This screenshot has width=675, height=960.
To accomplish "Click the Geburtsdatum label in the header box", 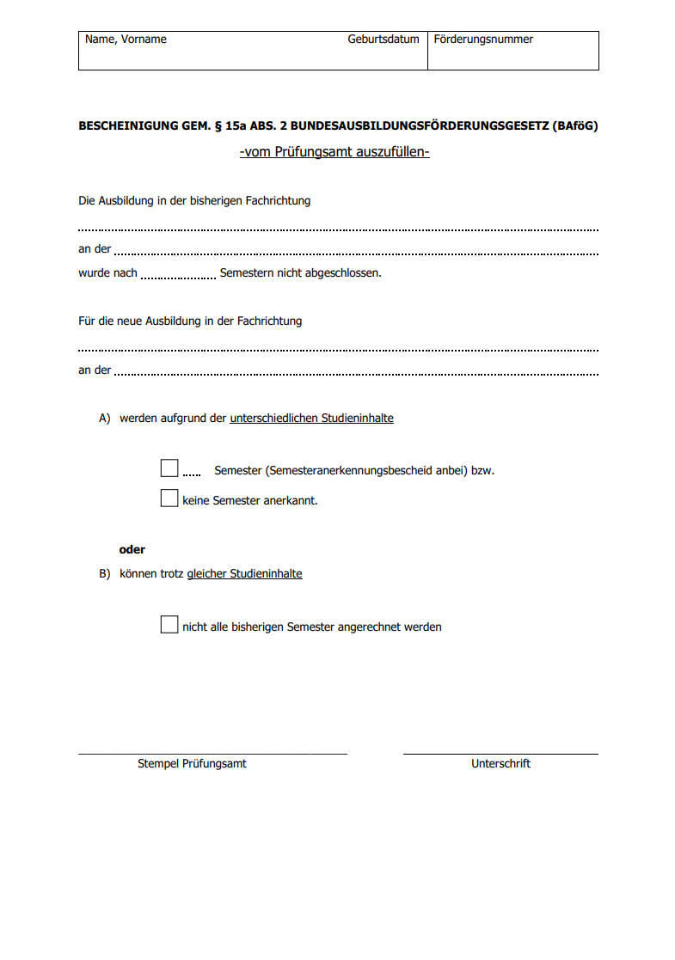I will coord(384,40).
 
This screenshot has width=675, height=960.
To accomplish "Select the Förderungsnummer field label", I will coord(483,40).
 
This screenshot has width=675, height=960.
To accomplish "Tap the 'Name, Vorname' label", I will coord(126,40).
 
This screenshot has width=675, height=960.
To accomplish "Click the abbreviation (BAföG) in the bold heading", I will coord(575,125).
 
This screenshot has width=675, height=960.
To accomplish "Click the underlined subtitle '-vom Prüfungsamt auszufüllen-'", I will coord(334,153).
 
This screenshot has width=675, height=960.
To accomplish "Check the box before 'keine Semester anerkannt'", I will coord(169,498).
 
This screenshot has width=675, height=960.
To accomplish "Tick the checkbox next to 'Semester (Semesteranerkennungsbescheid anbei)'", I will coord(169,468).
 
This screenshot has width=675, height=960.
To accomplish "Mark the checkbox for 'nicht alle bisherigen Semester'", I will coord(169,625).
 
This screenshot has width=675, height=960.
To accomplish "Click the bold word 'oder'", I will coord(132,550).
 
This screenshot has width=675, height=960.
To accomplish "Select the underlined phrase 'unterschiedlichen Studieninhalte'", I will coord(311,419).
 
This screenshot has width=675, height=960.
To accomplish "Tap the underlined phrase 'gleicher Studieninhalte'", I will coord(244,574).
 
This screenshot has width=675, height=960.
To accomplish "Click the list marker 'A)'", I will coord(105,419).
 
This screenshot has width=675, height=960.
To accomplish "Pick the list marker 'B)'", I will coord(105,574).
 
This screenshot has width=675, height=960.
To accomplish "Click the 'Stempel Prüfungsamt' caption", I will coord(192,764).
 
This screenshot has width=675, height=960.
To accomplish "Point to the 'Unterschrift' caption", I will coord(500,764).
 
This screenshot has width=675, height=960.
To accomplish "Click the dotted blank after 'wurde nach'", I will coord(178,276).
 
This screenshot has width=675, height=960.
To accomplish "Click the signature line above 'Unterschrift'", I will coord(500,754).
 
